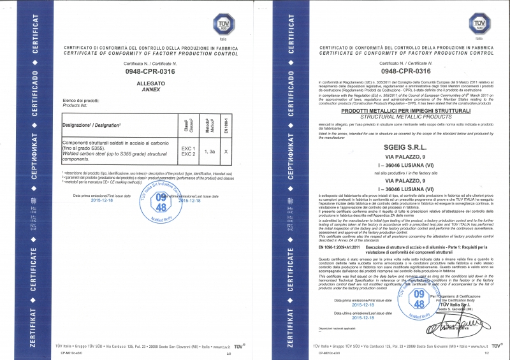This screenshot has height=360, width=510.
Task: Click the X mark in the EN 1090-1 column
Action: pyautogui.click(x=227, y=152)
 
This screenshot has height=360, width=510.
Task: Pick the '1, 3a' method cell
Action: pyautogui.click(x=209, y=152)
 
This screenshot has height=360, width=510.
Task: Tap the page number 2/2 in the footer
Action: pyautogui.click(x=230, y=352)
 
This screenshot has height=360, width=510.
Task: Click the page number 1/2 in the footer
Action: pyautogui.click(x=486, y=352)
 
